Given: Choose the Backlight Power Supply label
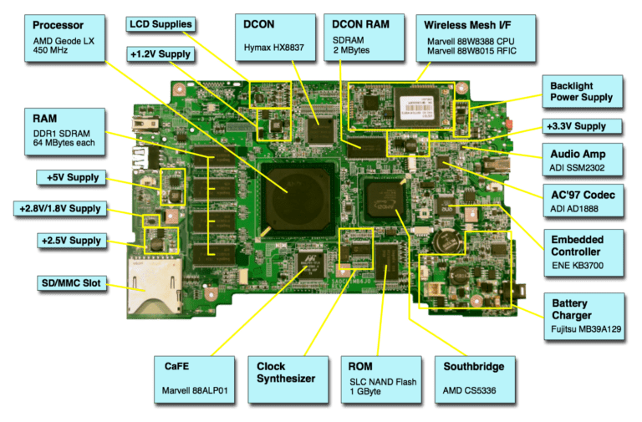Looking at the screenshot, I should click(582, 91).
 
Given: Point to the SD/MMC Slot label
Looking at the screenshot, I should click(71, 284).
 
